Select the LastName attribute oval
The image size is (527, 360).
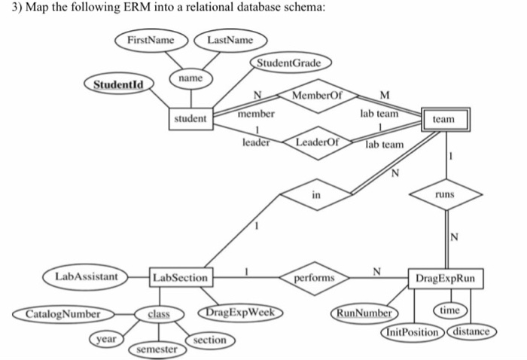tap(229, 40)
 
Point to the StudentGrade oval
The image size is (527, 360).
tap(289, 63)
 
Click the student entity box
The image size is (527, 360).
tap(191, 119)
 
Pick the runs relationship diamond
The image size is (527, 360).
tap(444, 194)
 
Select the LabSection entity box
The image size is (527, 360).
tap(180, 278)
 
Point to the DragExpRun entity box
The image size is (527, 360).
tap(445, 279)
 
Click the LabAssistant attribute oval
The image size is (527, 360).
tap(86, 277)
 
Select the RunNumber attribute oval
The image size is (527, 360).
tap(364, 312)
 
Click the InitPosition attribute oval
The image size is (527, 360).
tap(412, 331)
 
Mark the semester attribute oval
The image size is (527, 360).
tap(157, 349)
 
